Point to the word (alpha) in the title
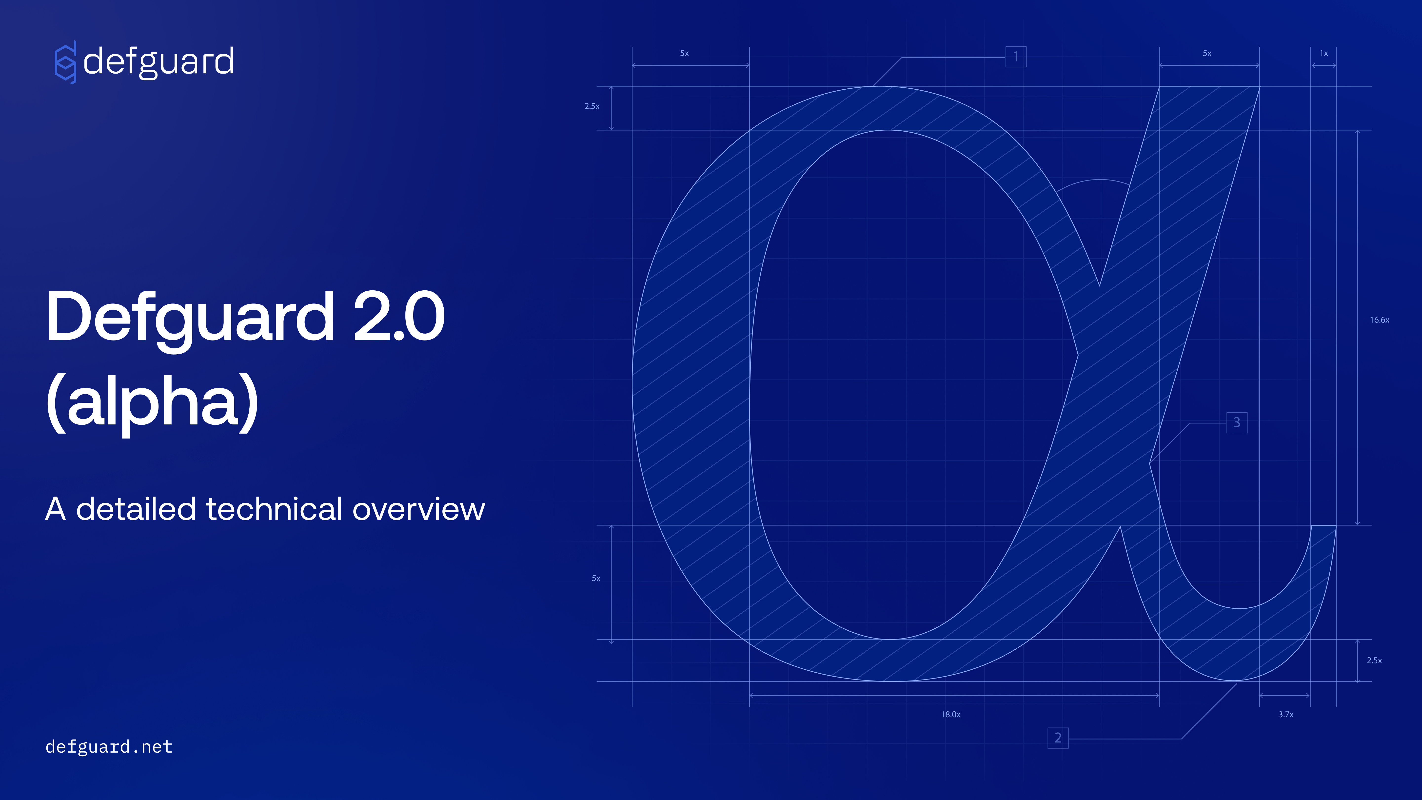(152, 403)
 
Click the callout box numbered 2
(1058, 738)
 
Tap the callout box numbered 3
(1237, 422)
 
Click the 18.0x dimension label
(950, 714)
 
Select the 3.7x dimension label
(1286, 714)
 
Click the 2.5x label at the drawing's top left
(592, 106)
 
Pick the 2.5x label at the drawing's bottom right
(1374, 660)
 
